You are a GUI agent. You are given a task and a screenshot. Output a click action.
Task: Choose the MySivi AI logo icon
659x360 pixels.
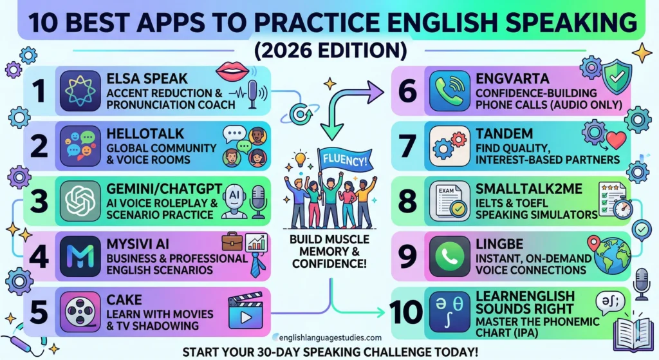tap(79, 256)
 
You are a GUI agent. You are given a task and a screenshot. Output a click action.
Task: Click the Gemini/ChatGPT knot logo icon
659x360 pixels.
tap(79, 200)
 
